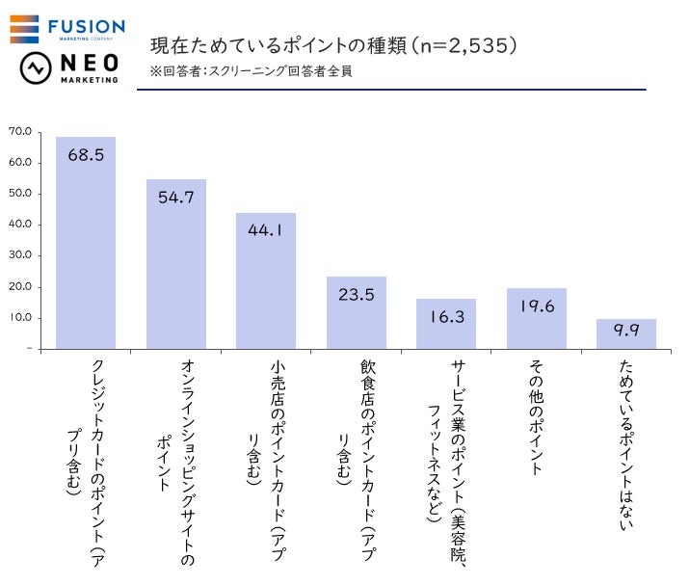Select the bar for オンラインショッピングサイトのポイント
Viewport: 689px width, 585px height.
click(175, 264)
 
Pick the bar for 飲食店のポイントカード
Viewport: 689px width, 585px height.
click(356, 312)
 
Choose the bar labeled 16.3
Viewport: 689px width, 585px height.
click(446, 324)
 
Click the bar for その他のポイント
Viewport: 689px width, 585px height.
click(536, 319)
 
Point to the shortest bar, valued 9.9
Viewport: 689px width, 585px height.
click(626, 333)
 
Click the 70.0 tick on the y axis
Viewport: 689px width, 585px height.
click(20, 131)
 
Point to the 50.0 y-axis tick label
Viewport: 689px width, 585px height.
click(20, 194)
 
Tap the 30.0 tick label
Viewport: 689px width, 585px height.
click(20, 255)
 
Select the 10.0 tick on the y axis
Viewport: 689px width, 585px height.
click(20, 317)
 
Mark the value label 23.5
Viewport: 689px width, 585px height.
click(357, 295)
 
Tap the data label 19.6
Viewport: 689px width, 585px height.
click(537, 306)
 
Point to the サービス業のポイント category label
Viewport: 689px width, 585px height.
click(446, 453)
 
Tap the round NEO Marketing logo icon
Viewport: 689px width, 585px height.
click(36, 69)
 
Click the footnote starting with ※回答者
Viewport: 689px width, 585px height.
click(251, 71)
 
